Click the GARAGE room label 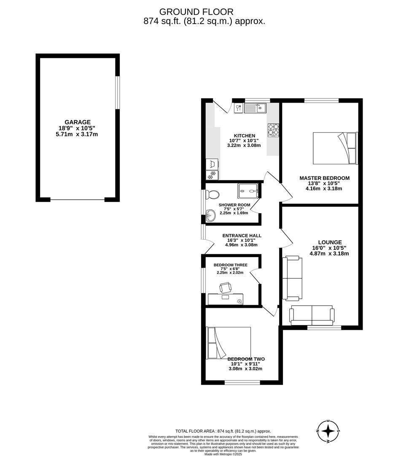point(78,122)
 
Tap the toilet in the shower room point(213,195)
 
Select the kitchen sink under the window point(254,109)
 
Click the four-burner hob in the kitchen point(274,130)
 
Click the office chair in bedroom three point(225,288)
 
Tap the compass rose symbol point(328,432)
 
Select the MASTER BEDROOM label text point(324,178)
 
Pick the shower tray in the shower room point(249,190)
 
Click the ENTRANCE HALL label point(242,236)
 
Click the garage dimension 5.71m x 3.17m point(78,134)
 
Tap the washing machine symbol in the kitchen point(210,164)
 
